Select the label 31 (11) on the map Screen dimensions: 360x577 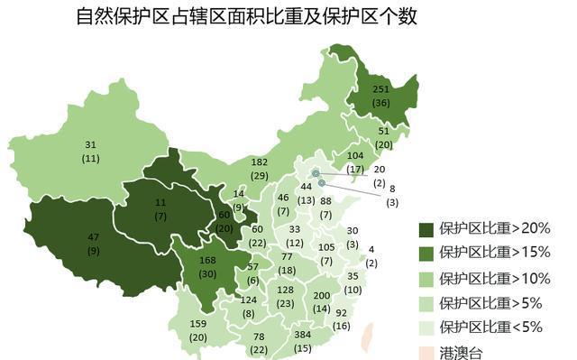pyautogui.click(x=90, y=151)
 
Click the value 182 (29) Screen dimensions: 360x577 pyautogui.click(x=260, y=168)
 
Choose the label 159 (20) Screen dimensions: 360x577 pyautogui.click(x=197, y=330)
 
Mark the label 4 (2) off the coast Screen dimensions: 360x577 pyautogui.click(x=372, y=255)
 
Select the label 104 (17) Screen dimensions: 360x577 pyautogui.click(x=355, y=162)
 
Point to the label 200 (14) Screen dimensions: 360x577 pyautogui.click(x=321, y=302)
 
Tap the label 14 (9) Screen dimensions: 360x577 pyautogui.click(x=238, y=200)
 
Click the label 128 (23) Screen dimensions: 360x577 pyautogui.click(x=286, y=296)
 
